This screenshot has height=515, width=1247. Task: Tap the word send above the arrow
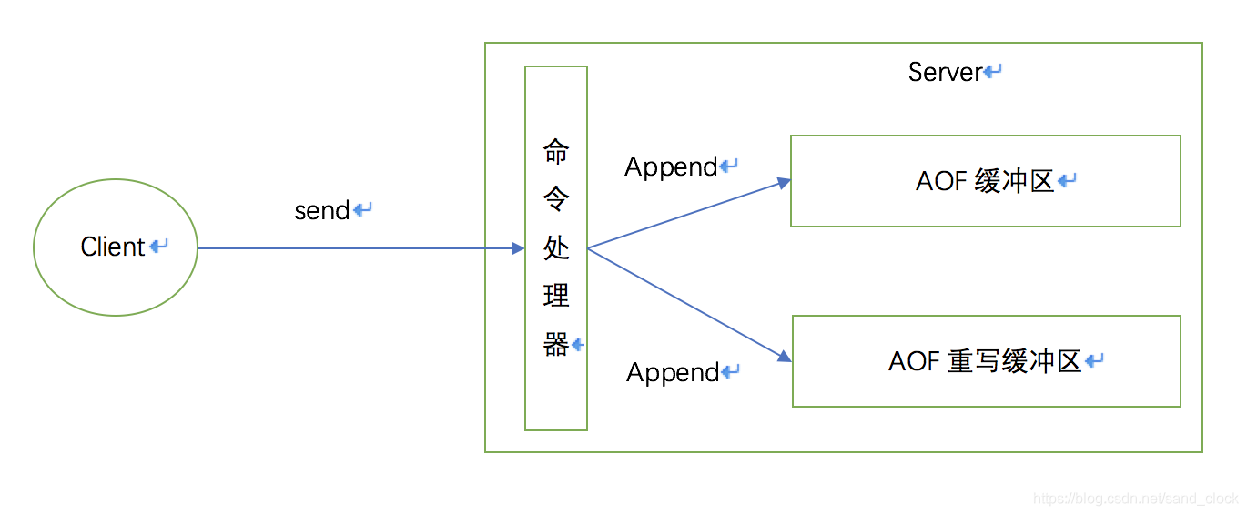[x=322, y=210]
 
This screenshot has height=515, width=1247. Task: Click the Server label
[x=945, y=72]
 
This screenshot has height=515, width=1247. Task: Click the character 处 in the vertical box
[x=556, y=247]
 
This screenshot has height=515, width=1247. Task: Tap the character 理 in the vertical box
[x=556, y=296]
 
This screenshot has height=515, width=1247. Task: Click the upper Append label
[x=671, y=167]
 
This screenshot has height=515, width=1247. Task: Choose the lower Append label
[x=673, y=372]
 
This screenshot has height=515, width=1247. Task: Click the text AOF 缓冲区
[x=984, y=181]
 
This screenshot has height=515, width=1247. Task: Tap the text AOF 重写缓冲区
[x=984, y=361]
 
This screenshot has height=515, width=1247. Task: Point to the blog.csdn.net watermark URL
[x=1136, y=499]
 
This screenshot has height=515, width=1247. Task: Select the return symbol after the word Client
[x=158, y=247]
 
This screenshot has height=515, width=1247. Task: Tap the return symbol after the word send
[x=362, y=210]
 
